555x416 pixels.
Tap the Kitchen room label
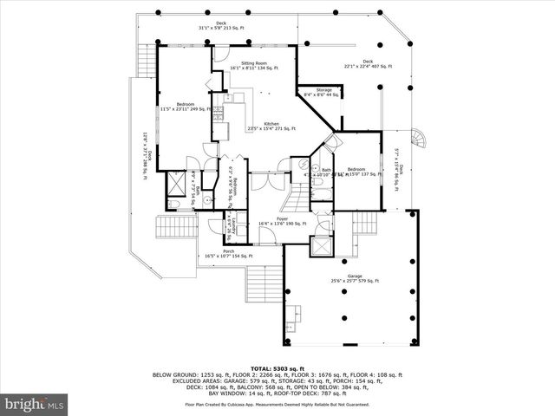pos(271,127)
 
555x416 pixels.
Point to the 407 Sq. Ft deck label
pos(368,63)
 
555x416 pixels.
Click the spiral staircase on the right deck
pos(420,139)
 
